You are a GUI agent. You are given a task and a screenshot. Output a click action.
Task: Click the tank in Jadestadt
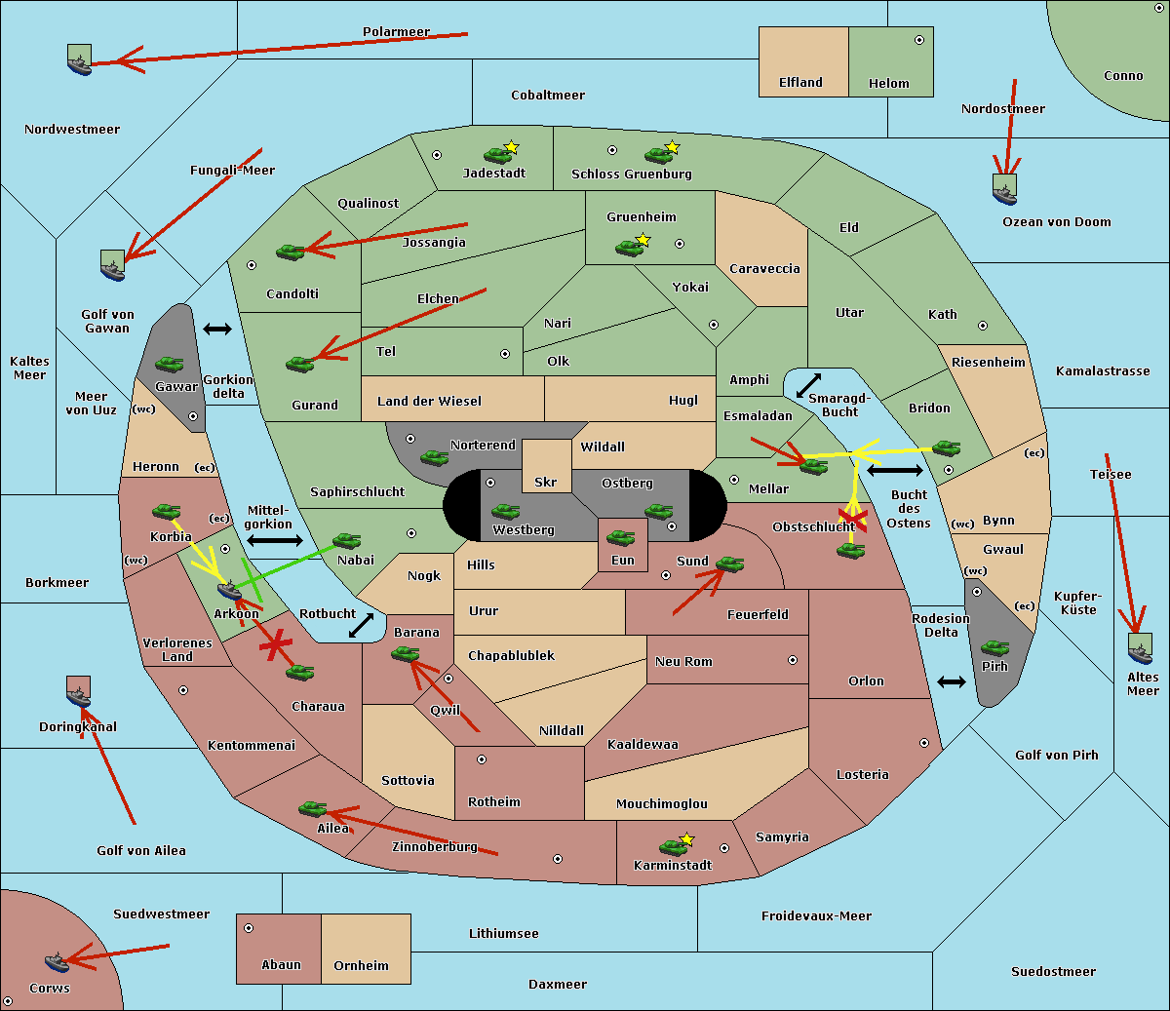coord(497,154)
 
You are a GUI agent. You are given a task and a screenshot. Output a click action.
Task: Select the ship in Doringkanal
coord(79,694)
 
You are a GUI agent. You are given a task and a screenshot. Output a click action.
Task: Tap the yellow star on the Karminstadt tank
coord(687,838)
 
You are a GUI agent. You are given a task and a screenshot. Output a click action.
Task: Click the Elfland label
coord(800,83)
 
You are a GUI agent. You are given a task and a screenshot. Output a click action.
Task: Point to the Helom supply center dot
coord(918,40)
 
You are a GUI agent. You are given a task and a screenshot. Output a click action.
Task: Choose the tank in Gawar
coord(170,365)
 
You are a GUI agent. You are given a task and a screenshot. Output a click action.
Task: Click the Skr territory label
coord(546,482)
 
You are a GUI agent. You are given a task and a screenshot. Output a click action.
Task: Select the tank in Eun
coord(621,537)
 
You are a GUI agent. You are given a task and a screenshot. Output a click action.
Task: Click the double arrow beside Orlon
coord(952,681)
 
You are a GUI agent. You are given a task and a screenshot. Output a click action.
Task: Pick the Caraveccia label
coord(764,268)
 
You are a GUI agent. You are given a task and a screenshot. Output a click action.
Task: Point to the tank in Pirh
coord(995,647)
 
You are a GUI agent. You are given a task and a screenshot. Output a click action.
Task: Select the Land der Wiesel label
coord(429,401)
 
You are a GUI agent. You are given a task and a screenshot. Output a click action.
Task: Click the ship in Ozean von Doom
coord(1004,192)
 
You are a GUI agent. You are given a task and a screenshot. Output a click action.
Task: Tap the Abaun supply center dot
coord(249,928)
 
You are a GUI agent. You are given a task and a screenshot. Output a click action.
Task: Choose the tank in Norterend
coord(434,457)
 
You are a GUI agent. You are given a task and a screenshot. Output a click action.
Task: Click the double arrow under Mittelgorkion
coord(274,541)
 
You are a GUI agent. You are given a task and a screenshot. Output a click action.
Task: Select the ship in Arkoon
coord(229,591)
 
